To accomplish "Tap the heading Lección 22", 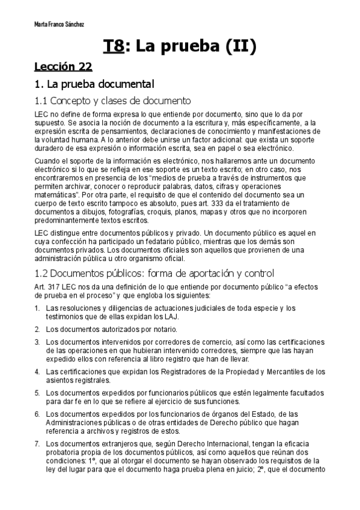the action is pyautogui.click(x=63, y=66).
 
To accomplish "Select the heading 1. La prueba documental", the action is pyautogui.click(x=94, y=84).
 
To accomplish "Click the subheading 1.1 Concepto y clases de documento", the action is pyautogui.click(x=112, y=100).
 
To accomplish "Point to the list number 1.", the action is pyautogui.click(x=37, y=309).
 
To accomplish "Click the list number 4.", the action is pyautogui.click(x=37, y=371).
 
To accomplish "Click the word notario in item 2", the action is pyautogui.click(x=165, y=329).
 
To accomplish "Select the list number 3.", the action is pyautogui.click(x=37, y=342).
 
